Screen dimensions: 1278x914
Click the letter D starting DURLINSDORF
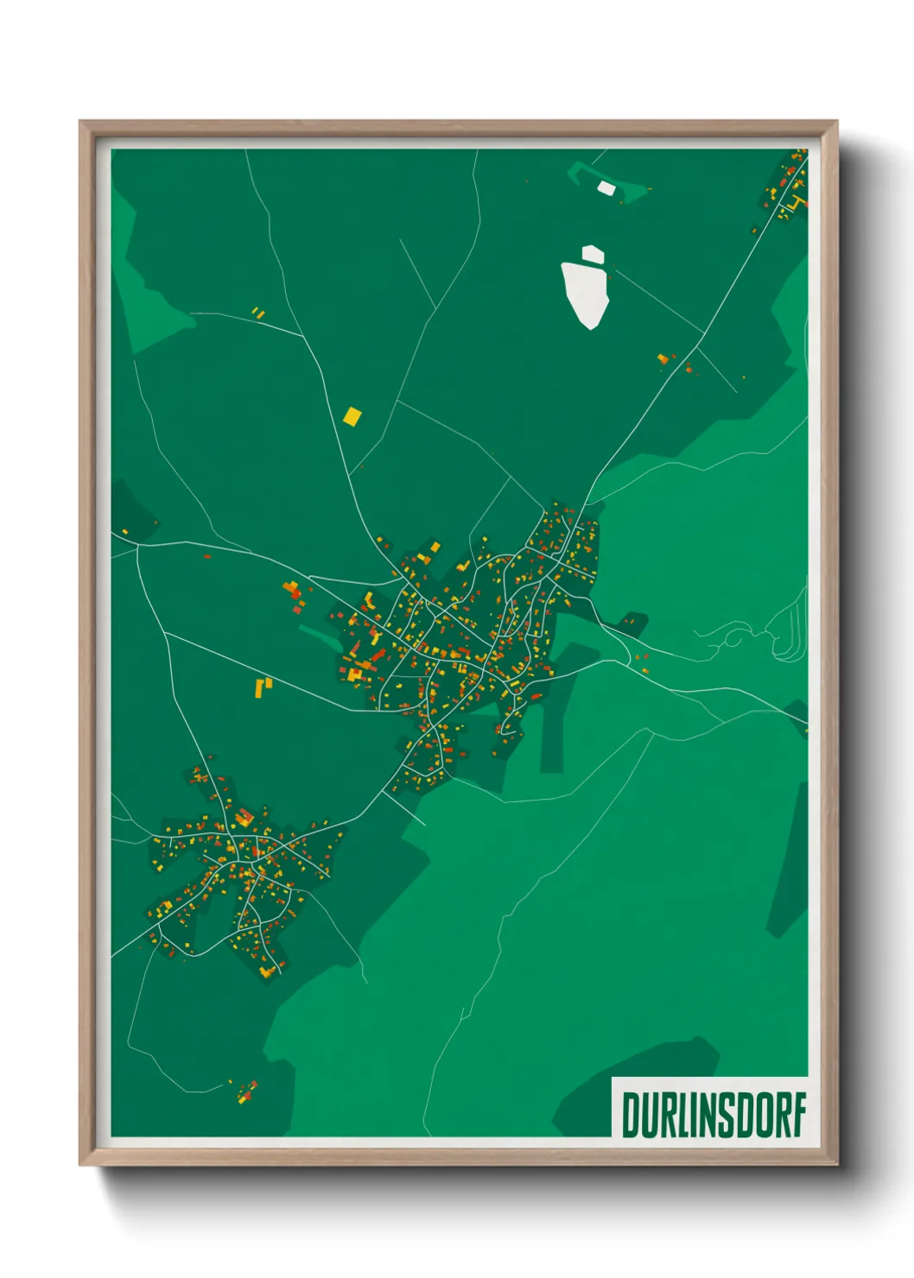[631, 1116]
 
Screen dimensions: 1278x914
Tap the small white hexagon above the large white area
[593, 254]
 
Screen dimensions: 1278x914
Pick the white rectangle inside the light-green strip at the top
[606, 187]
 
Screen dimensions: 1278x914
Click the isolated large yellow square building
[352, 416]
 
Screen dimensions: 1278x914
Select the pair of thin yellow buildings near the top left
[258, 312]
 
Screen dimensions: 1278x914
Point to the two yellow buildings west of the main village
[263, 687]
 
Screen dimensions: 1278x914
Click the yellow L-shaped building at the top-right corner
[796, 204]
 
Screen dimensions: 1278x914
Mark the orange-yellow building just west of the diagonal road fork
[663, 358]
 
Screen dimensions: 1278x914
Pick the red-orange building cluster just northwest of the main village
[293, 591]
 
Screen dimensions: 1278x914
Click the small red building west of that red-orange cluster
[206, 557]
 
